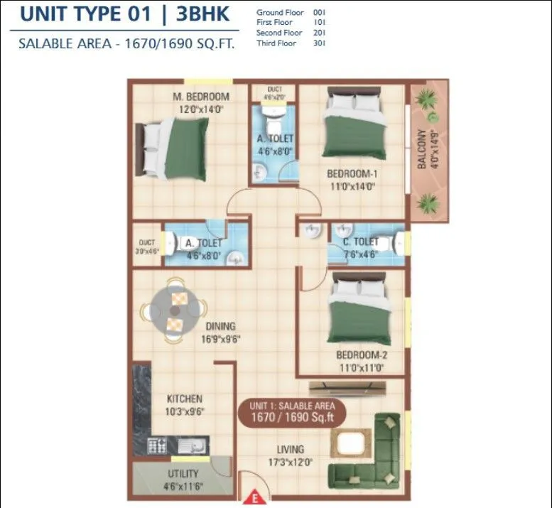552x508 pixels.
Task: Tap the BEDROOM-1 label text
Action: [351, 174]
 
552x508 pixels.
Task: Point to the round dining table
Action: [173, 311]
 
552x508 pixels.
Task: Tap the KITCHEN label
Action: [185, 399]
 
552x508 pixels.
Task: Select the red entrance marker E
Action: [253, 499]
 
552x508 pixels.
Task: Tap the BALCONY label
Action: [422, 150]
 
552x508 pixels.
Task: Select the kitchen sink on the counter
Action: [190, 446]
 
